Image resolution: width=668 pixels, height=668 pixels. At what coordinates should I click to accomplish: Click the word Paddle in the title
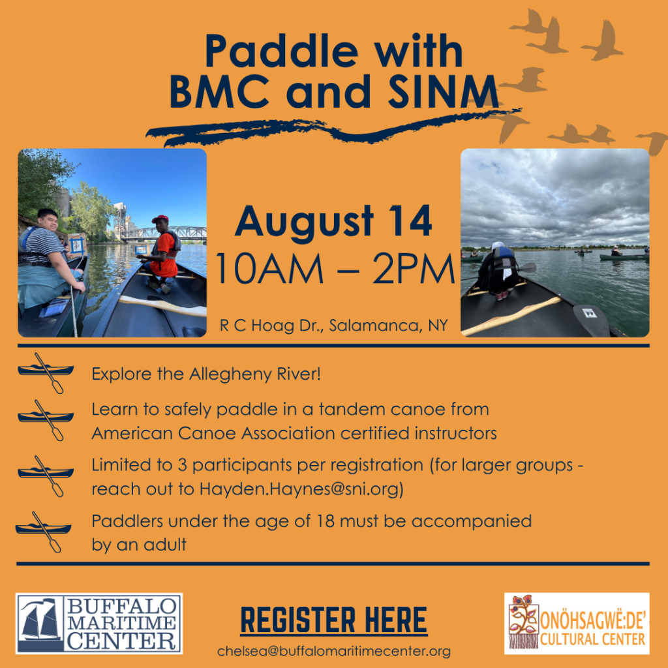282,51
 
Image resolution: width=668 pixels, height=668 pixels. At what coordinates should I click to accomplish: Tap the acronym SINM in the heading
443,91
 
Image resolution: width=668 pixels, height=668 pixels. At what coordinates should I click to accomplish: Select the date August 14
333,222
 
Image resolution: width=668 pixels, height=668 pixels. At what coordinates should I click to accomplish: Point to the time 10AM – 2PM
335,269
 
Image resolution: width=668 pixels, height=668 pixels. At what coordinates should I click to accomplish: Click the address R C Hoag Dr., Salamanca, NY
333,326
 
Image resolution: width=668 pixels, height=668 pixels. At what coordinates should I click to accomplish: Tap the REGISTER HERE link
333,620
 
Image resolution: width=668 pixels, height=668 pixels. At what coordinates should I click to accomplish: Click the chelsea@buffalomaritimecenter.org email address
333,652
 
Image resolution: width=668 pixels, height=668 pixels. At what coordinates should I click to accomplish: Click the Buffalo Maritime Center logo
99,623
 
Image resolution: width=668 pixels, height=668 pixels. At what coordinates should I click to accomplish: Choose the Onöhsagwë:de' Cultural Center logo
577,623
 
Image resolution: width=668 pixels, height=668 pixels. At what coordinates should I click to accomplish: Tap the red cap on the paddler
160,219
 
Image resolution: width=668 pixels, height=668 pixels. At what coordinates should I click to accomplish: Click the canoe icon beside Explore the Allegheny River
46,372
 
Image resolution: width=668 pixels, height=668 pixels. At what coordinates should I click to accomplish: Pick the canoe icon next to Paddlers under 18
44,532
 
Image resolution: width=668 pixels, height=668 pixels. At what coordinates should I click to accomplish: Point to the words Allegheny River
254,374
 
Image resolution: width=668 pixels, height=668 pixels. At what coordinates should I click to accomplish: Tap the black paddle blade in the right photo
591,320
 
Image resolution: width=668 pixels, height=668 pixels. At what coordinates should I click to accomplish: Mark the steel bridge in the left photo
164,233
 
